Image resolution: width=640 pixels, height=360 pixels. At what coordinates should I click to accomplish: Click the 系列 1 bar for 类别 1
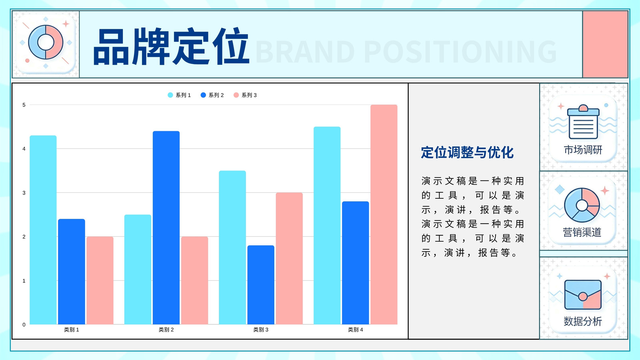[43, 230]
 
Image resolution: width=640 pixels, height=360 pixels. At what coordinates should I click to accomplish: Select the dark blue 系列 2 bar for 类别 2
[166, 228]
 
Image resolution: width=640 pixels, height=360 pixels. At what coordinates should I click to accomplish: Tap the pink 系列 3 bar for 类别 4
[384, 214]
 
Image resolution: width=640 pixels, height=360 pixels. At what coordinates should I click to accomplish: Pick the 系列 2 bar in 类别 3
[261, 285]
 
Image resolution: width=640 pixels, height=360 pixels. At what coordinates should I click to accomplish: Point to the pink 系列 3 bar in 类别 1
[100, 280]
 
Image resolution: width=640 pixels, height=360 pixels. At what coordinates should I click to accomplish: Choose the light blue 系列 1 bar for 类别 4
[327, 226]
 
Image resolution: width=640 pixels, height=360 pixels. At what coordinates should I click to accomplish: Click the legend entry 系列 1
[179, 95]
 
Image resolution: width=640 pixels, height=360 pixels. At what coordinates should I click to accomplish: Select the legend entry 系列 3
[245, 95]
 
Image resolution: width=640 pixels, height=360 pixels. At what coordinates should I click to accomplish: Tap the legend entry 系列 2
[212, 95]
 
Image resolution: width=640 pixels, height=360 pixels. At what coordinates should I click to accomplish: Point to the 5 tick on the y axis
[24, 105]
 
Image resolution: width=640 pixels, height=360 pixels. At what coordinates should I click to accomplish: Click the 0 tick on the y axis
[24, 324]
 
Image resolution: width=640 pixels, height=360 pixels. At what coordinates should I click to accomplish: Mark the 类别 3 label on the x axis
[261, 330]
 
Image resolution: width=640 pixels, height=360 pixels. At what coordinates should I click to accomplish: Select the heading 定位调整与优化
[468, 152]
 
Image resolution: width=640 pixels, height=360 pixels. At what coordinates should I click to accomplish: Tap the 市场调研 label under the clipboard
[583, 150]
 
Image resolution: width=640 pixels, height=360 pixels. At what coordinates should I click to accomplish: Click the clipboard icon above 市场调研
[583, 122]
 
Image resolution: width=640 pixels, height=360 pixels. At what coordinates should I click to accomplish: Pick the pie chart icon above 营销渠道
[582, 205]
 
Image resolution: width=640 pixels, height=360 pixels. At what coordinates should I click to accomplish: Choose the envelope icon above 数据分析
[583, 295]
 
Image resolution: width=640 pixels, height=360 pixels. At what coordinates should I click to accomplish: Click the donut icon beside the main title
[46, 42]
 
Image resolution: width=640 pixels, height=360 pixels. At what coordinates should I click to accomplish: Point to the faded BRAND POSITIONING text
[406, 52]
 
